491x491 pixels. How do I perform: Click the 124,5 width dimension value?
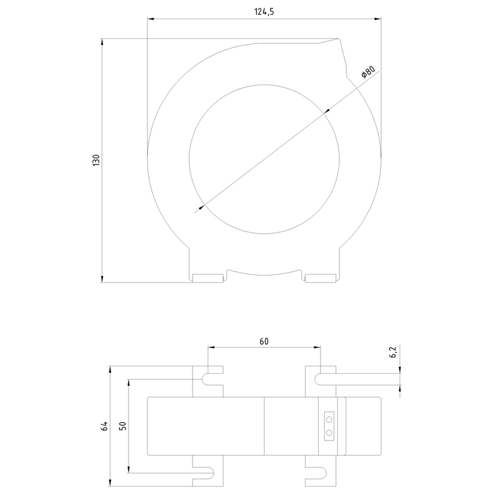coord(264,12)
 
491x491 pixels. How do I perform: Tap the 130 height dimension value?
coord(96,160)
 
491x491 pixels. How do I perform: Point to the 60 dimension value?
coord(264,341)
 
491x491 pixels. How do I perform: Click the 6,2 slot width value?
coord(393,352)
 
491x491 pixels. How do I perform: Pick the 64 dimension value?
coord(104,426)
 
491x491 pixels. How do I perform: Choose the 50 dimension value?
coord(123,426)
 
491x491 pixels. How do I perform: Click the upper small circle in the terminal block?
coord(329,419)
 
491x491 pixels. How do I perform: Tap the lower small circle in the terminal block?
coord(329,433)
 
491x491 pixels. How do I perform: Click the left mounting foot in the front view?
coord(208,278)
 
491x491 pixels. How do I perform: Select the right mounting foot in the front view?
coord(321,278)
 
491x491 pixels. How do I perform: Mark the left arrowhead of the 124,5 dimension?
coord(151,19)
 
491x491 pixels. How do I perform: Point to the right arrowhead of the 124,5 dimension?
coord(378,19)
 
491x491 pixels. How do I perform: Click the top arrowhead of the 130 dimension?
coord(103,42)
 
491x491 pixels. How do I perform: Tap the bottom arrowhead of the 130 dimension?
coord(103,279)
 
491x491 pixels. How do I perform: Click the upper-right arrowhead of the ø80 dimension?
coord(327,111)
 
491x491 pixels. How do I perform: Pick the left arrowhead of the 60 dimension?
coord(211,347)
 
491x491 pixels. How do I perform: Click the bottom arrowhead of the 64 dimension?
coord(110,483)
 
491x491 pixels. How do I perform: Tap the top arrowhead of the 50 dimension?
coord(128,382)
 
